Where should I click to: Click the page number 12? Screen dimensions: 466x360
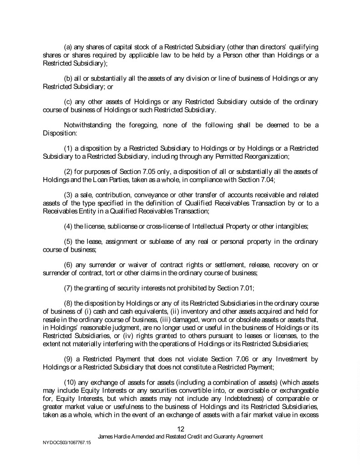[x=180, y=428]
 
